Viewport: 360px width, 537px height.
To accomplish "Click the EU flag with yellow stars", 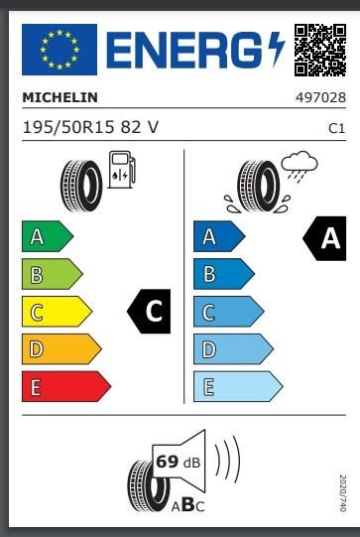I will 60,49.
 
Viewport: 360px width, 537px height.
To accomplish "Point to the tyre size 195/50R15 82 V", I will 90,127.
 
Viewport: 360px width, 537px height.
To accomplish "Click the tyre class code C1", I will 336,128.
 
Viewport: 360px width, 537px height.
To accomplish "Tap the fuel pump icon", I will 121,168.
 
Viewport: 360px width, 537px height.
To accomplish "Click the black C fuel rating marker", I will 150,312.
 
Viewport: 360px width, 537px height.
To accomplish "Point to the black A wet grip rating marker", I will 323,237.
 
